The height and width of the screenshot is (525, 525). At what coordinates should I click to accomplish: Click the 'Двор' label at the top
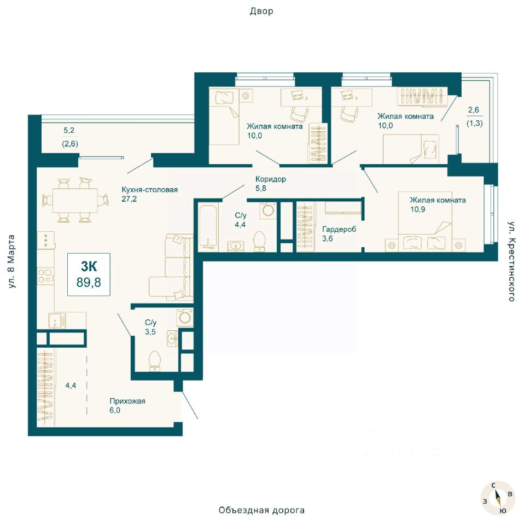(x=261, y=11)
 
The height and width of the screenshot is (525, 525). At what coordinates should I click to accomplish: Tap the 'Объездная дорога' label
(x=261, y=510)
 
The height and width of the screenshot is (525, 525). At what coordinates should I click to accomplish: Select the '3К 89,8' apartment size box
(x=89, y=275)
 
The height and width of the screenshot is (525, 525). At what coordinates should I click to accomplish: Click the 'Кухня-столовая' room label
(x=149, y=190)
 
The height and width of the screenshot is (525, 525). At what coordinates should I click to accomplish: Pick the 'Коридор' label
(x=271, y=179)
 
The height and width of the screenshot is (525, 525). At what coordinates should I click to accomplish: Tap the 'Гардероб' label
(x=339, y=229)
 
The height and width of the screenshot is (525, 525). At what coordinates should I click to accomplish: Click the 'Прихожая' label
(x=127, y=401)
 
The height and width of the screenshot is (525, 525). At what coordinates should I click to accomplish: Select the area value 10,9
(x=417, y=209)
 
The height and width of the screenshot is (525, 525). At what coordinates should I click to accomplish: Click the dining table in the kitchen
(x=75, y=200)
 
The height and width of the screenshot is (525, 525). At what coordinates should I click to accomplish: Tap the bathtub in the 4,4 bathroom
(x=208, y=227)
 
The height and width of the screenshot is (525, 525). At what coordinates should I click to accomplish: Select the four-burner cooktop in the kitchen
(x=46, y=276)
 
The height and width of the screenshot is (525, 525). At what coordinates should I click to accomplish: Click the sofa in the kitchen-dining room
(x=171, y=267)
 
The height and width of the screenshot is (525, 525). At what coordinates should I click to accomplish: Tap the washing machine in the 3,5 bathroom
(x=185, y=317)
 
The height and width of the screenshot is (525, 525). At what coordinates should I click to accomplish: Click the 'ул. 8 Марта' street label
(x=11, y=261)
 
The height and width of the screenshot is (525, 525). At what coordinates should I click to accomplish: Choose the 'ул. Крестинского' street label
(x=511, y=261)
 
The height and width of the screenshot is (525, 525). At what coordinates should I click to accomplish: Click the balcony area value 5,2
(x=69, y=131)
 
